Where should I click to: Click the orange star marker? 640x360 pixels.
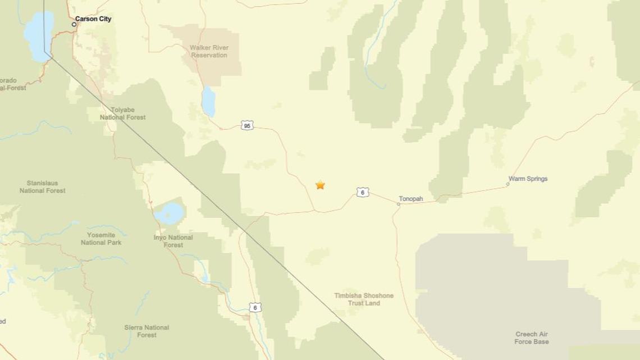320,185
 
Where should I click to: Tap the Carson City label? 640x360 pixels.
93,19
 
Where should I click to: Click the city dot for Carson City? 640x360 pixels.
74,24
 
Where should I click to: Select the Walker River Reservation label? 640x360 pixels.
209,52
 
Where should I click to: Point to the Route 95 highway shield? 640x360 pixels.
247,125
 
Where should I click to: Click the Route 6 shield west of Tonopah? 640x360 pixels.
363,193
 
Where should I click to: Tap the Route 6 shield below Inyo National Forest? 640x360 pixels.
255,307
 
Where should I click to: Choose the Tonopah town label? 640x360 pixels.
411,199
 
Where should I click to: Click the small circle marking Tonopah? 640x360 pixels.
399,204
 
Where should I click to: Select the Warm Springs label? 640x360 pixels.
528,179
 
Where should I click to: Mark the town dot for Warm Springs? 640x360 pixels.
508,184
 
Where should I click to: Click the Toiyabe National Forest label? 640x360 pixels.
122,113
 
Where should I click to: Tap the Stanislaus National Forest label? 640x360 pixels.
42,187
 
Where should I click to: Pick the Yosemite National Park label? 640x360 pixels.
101,239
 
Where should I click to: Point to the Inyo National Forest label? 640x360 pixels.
173,241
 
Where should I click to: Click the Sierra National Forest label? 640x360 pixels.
147,331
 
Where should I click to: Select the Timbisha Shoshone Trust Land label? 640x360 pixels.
364,299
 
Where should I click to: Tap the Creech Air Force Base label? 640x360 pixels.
531,338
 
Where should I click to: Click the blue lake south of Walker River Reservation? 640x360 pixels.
209,101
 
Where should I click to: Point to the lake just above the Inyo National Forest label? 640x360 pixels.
170,214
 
